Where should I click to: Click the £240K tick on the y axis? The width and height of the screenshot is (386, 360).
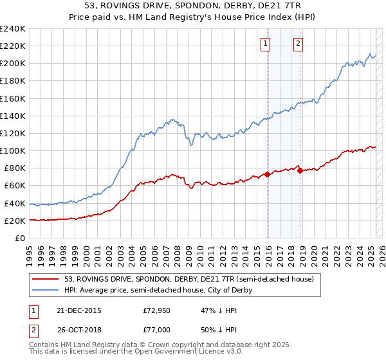tap(13, 29)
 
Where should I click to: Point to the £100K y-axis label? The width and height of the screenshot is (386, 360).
tap(13, 150)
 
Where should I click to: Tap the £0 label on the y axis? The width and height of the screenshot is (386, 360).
tap(20, 238)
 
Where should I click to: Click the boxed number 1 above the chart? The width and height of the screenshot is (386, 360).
tap(266, 44)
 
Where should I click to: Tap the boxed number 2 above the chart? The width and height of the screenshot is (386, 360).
tap(299, 44)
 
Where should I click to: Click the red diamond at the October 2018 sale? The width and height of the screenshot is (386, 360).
tap(300, 170)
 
